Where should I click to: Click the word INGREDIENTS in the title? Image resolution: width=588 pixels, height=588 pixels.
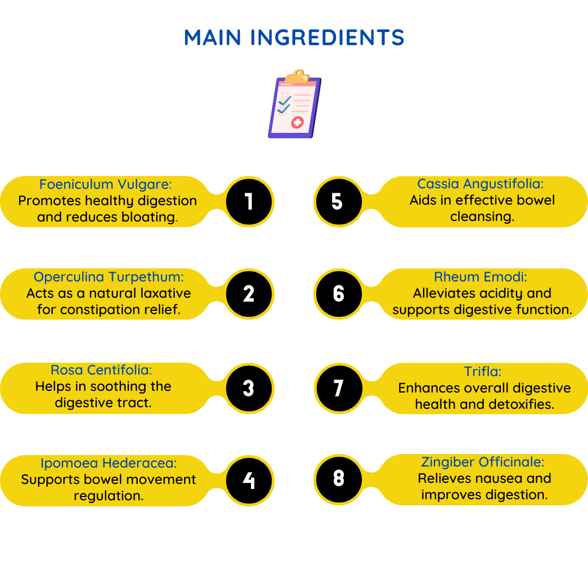327,38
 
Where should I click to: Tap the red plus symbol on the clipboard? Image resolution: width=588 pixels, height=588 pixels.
297,122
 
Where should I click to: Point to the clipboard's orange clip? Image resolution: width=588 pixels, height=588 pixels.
297,76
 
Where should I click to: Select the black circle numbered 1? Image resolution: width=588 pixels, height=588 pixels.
249,201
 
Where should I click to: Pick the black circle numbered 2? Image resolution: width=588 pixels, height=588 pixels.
249,293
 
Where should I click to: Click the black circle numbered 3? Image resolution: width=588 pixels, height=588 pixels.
249,388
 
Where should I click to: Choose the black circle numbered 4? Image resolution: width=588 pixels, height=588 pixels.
249,480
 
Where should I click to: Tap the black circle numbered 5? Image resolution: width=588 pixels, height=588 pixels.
339,201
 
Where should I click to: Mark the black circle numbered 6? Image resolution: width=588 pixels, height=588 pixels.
339,293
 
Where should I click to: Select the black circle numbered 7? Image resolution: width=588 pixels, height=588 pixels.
339,388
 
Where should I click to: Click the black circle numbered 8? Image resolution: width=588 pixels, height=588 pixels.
339,479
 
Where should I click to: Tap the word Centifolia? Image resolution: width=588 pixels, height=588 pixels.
120,370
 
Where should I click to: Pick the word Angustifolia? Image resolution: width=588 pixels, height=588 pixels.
503,184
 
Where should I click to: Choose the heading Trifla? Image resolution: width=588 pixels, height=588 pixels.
482,371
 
